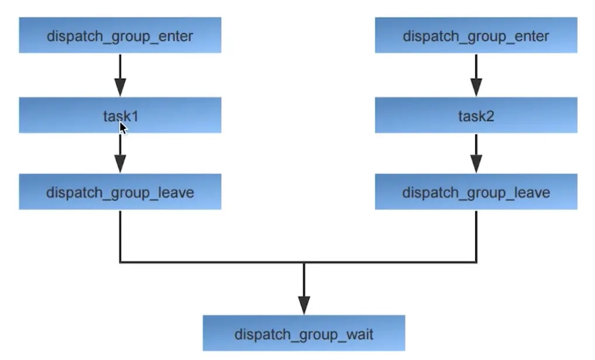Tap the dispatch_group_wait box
click(303, 334)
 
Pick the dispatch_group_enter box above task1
click(120, 36)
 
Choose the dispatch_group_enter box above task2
click(476, 36)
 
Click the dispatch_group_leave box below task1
click(120, 192)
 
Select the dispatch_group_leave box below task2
click(476, 192)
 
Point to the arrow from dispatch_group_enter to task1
click(120, 75)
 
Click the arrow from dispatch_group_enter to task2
click(476, 75)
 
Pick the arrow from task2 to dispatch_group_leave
click(476, 153)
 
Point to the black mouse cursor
click(123, 127)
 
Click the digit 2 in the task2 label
click(490, 116)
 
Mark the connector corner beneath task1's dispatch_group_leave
click(120, 262)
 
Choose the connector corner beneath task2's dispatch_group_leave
click(476, 262)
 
